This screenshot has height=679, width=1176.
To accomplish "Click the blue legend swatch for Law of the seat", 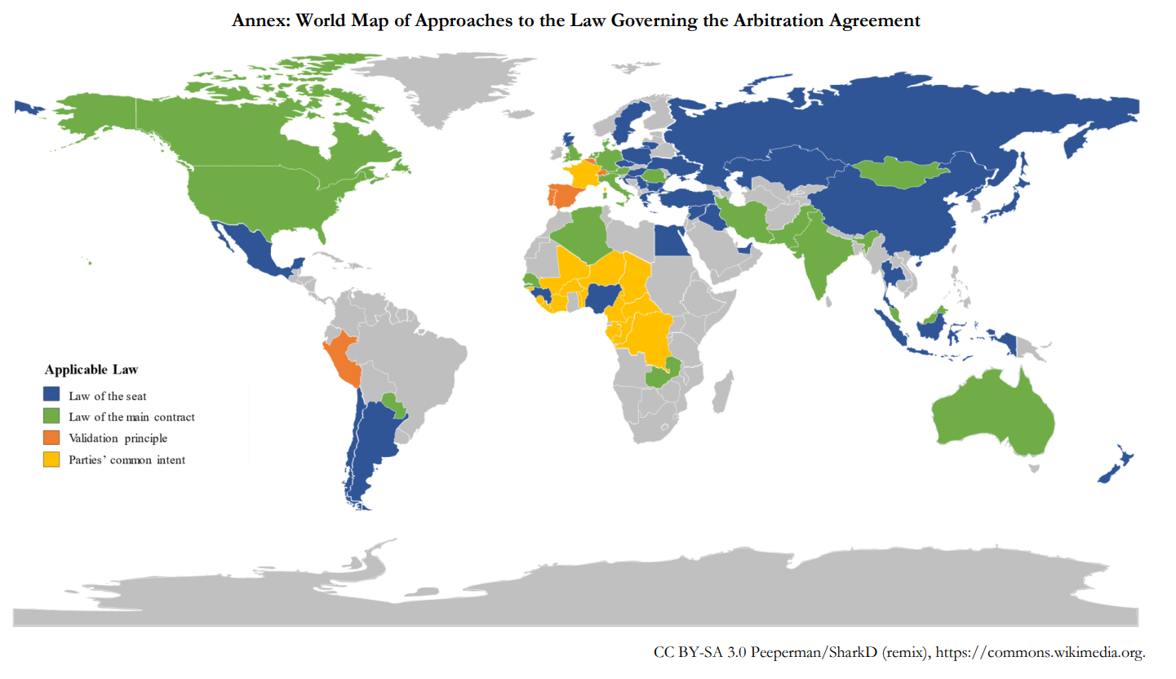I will click(x=51, y=395).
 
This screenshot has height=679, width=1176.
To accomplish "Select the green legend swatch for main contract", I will click(x=51, y=416).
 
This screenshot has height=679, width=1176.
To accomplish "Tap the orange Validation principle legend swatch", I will click(x=51, y=437).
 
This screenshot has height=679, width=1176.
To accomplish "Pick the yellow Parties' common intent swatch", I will click(x=51, y=459).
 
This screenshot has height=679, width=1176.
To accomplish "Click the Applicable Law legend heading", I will click(x=86, y=370).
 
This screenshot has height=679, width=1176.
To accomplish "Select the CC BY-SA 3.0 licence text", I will click(x=699, y=652).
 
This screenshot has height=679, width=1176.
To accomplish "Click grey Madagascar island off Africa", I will click(x=721, y=393).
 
